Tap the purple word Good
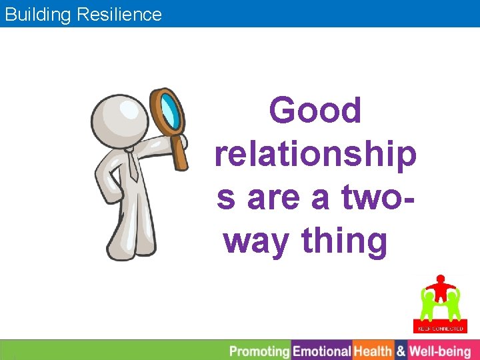pyautogui.click(x=315, y=111)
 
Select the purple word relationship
pyautogui.click(x=315, y=155)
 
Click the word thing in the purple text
pyautogui.click(x=345, y=241)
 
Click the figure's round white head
pyautogui.click(x=119, y=120)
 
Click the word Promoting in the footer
pyautogui.click(x=260, y=351)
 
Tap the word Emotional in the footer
pyautogui.click(x=322, y=351)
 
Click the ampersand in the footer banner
pyautogui.click(x=401, y=351)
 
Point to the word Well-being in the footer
pyautogui.click(x=440, y=351)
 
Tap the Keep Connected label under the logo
pyautogui.click(x=439, y=327)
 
